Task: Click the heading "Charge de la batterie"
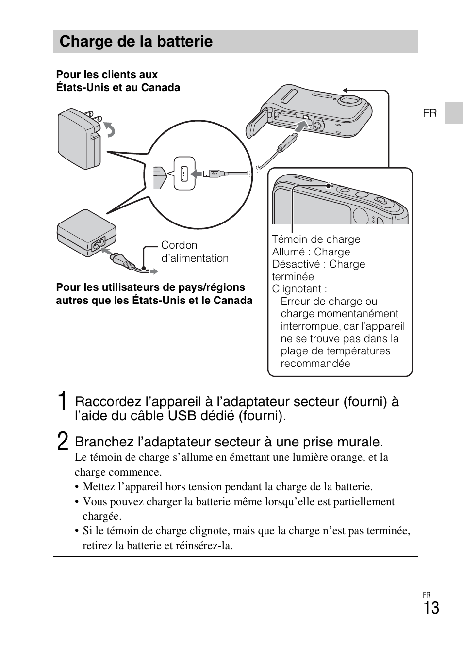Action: point(136,42)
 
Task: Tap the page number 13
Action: point(430,608)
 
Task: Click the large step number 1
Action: point(62,402)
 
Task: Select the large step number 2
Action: point(62,442)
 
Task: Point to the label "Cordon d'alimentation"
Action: point(194,252)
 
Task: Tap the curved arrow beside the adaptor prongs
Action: point(111,129)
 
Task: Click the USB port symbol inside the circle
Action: point(184,174)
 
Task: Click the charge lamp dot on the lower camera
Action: point(329,185)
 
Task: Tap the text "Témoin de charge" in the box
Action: point(316,239)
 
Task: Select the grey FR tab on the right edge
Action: point(453,112)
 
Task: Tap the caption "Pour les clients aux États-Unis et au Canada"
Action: point(118,81)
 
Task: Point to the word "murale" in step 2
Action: point(361,442)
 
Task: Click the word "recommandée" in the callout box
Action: point(315,364)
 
